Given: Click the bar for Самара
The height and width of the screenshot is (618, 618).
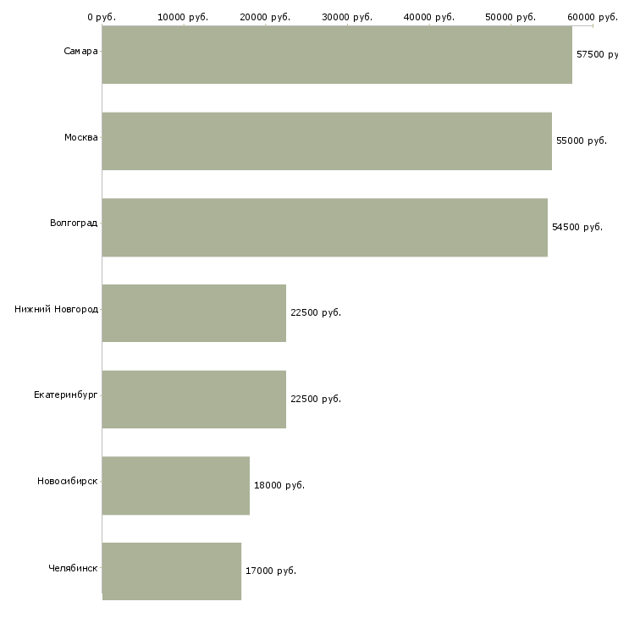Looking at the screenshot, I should (x=337, y=55).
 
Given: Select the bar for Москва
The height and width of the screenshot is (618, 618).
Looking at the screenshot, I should (x=327, y=141).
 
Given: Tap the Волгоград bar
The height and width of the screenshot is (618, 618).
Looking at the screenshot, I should (x=324, y=228).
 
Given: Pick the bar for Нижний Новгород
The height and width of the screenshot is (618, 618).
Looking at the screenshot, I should (x=194, y=313).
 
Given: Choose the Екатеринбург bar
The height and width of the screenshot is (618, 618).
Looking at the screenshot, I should (x=194, y=400).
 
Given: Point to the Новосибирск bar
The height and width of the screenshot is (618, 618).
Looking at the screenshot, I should (x=176, y=486).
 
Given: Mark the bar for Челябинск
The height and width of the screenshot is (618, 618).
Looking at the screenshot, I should (x=172, y=571).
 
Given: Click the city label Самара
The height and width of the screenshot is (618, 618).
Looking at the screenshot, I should (x=80, y=52).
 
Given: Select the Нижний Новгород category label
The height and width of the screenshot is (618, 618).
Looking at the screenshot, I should (x=56, y=310).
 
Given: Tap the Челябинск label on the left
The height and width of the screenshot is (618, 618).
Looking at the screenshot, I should (x=73, y=568).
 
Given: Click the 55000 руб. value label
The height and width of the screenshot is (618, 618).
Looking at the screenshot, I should (x=582, y=141).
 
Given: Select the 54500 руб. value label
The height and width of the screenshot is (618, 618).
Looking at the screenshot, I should (x=577, y=227).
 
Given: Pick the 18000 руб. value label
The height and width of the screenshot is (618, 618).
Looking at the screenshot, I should (x=279, y=485).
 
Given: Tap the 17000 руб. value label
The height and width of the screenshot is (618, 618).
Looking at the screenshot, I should (x=271, y=571).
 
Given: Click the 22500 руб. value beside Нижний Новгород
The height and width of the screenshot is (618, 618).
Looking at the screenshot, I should (x=316, y=312).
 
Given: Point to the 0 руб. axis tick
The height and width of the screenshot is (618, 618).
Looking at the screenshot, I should (x=102, y=17).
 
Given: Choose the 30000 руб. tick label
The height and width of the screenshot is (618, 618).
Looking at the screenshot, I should (x=348, y=17).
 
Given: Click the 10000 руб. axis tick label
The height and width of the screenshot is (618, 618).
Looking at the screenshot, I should (x=184, y=17).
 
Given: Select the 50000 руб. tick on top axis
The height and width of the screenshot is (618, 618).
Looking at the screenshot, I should (x=511, y=17).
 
